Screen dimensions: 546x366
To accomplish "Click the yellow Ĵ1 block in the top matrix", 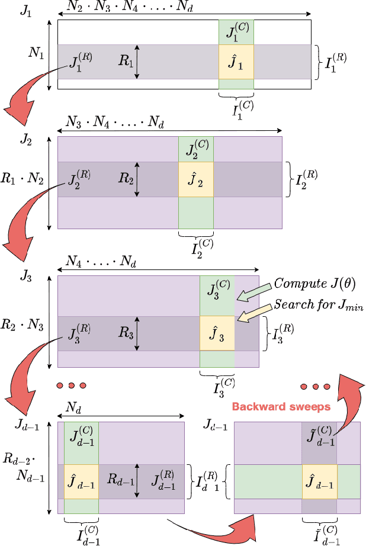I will [236, 62].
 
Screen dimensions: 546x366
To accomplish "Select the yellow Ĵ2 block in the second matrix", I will [196, 179].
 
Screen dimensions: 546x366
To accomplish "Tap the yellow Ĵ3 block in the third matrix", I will [217, 334].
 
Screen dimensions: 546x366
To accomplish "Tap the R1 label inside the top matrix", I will [125, 61].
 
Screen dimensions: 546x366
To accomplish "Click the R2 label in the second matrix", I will [125, 179].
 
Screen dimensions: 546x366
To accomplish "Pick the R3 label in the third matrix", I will [125, 333].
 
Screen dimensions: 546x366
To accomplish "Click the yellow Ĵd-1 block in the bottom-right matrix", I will [320, 481].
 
